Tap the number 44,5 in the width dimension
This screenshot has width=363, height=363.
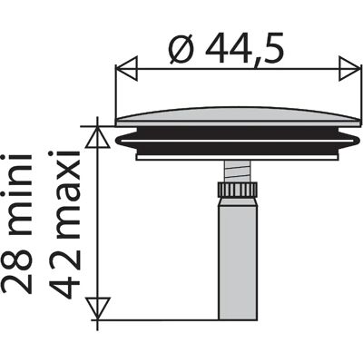(245, 49)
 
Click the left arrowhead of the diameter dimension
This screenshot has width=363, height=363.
(127, 69)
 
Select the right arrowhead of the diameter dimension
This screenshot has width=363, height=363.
(349, 69)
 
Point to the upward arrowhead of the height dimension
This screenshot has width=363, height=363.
(97, 137)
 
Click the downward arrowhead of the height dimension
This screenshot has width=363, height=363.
(97, 309)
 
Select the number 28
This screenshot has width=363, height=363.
(16, 268)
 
